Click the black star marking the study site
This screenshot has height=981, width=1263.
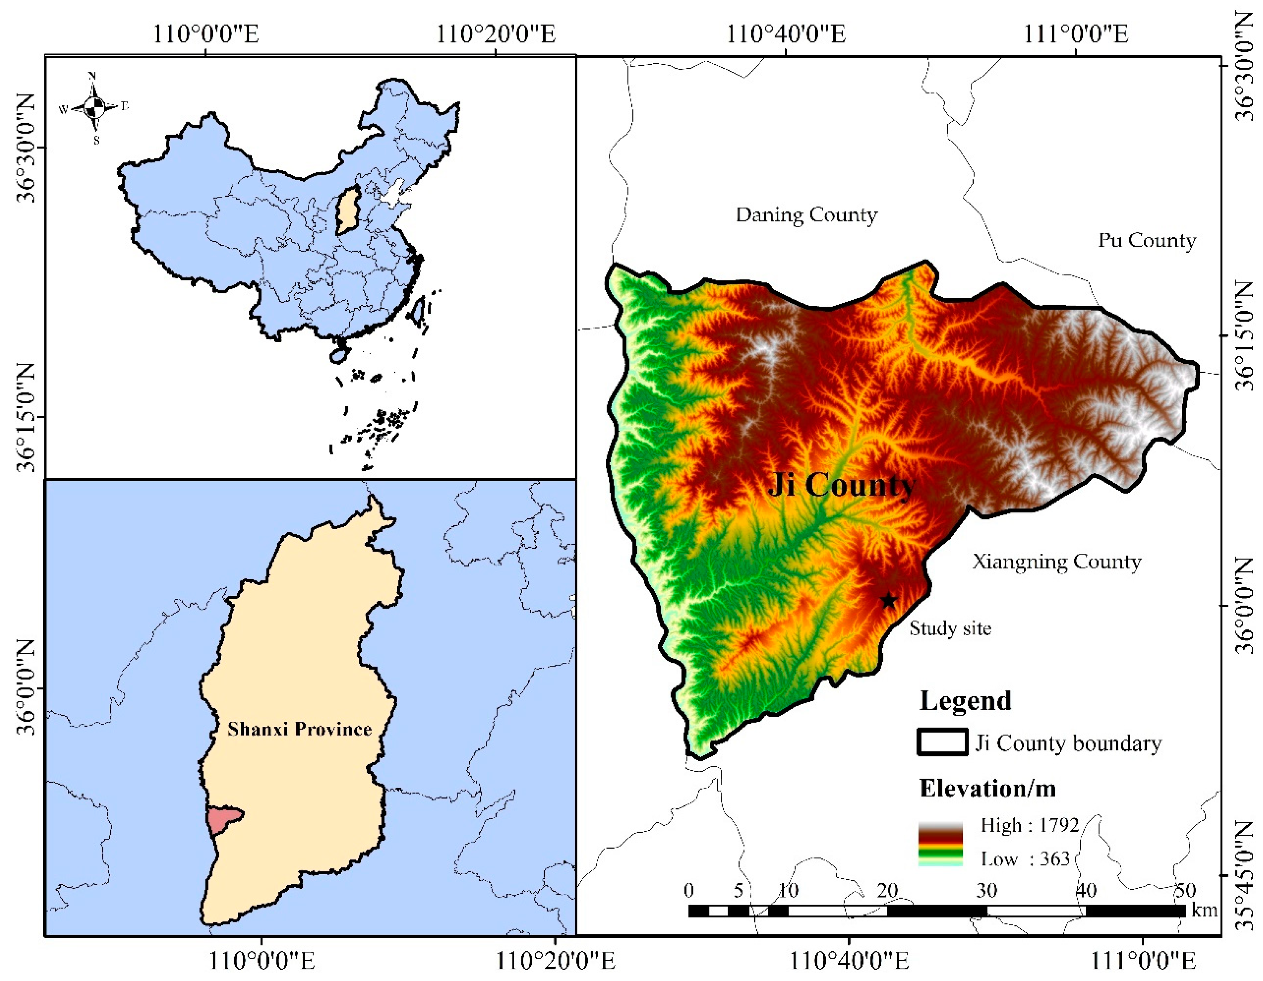(888, 601)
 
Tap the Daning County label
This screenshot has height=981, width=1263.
(806, 215)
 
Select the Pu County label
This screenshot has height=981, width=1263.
(1147, 240)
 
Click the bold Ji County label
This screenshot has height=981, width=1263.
(841, 484)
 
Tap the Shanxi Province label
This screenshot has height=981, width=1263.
(299, 729)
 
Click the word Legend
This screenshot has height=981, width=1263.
(965, 701)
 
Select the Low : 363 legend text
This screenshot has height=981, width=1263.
(1025, 859)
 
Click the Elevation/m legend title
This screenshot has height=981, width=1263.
(987, 788)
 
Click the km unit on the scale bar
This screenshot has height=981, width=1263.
(1205, 911)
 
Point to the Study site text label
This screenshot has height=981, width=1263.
(950, 629)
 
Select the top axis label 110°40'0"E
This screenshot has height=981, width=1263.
(785, 34)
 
